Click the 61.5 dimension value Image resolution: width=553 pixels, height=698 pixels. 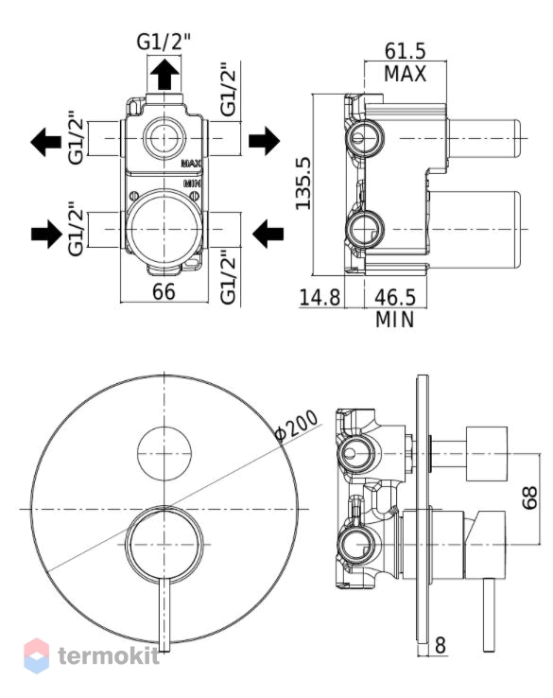click(405, 51)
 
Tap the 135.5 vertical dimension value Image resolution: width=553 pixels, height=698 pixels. click(303, 183)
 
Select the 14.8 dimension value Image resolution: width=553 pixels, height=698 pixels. click(320, 297)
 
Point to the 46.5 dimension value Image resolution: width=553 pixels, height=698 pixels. click(395, 297)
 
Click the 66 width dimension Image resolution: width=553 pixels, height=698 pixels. click(164, 291)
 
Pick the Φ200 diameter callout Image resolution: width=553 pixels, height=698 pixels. click(297, 425)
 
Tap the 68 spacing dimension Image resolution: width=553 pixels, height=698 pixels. click(530, 497)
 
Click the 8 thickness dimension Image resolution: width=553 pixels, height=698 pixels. click(440, 645)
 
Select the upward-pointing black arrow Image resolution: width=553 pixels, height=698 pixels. click(164, 75)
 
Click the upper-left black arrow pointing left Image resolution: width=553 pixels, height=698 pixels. click(45, 142)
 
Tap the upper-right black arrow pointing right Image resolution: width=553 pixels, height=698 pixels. click(265, 141)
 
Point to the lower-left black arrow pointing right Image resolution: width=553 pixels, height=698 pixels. click(46, 234)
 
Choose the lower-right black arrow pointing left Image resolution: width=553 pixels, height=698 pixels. click(268, 234)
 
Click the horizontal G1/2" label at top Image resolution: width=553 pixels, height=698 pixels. click(164, 43)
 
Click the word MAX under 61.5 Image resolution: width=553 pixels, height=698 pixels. click(405, 74)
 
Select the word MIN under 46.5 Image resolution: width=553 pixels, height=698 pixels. click(395, 320)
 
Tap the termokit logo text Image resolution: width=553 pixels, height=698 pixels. click(109, 655)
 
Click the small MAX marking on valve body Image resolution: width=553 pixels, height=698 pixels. click(191, 164)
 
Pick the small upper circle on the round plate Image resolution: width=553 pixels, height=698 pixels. click(164, 454)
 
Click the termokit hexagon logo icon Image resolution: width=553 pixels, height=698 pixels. click(37, 655)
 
